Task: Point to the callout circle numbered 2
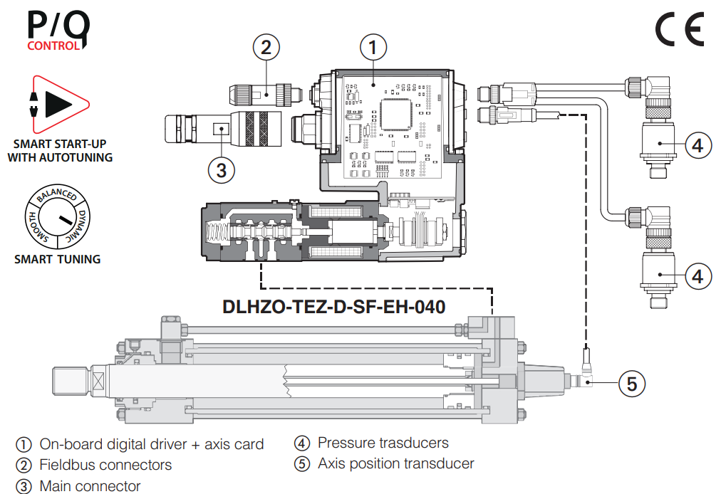pyautogui.click(x=266, y=48)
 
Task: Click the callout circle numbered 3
pyautogui.click(x=222, y=170)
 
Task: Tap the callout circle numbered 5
pyautogui.click(x=631, y=384)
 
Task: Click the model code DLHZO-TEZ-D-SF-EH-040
pyautogui.click(x=334, y=307)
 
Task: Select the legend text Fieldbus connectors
pyautogui.click(x=105, y=465)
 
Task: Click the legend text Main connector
pyautogui.click(x=90, y=486)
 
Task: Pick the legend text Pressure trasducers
pyautogui.click(x=383, y=443)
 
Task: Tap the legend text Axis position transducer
pyautogui.click(x=395, y=463)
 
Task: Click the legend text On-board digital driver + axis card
pyautogui.click(x=151, y=444)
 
